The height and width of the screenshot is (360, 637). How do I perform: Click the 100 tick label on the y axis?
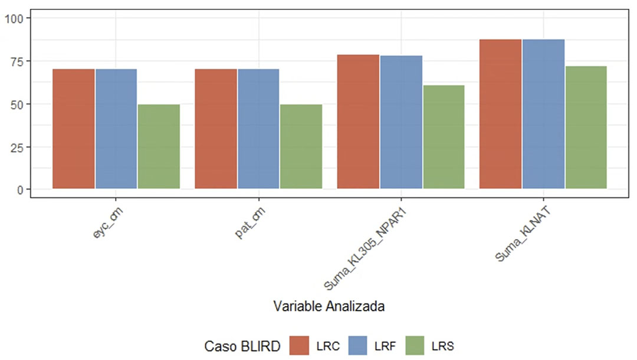tap(13, 18)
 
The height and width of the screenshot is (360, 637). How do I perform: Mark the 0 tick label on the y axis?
tap(19, 190)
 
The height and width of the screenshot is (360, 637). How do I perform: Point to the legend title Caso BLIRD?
tap(242, 346)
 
